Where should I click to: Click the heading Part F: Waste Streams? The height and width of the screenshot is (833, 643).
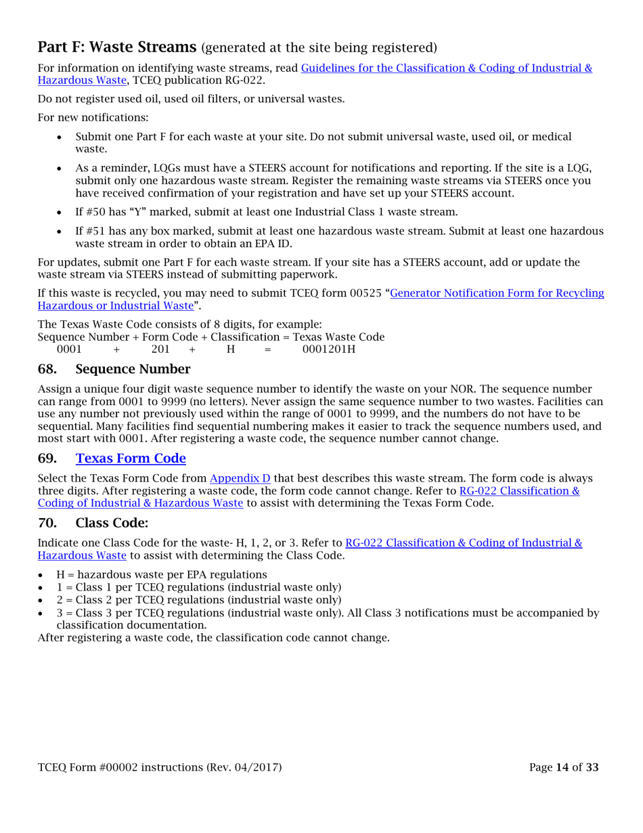point(117,47)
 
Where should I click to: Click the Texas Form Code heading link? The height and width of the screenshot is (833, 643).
point(131,458)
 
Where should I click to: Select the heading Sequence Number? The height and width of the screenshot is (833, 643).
point(133,369)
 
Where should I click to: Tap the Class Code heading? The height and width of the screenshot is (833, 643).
point(111,523)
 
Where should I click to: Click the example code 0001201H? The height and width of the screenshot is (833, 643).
point(328,349)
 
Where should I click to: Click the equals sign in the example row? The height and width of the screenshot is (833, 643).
point(267,349)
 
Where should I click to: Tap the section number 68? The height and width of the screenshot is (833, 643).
point(47,369)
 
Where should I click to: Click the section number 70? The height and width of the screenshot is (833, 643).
point(47,523)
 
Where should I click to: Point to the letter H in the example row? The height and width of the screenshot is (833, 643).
point(230,349)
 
